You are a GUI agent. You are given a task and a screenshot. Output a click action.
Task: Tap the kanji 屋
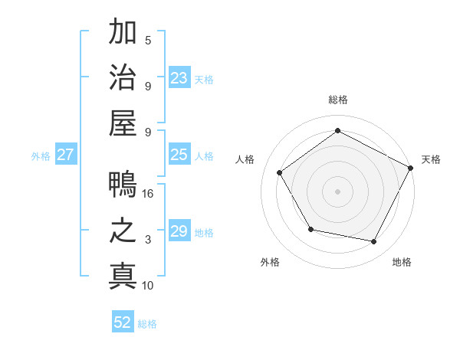pyautogui.click(x=123, y=124)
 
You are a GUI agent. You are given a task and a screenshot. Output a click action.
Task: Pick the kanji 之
pyautogui.click(x=123, y=232)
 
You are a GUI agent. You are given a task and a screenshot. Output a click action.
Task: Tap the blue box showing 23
pyautogui.click(x=179, y=77)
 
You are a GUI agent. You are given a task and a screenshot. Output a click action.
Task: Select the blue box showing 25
pyautogui.click(x=179, y=155)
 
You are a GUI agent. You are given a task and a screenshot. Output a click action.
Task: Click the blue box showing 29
pyautogui.click(x=179, y=231)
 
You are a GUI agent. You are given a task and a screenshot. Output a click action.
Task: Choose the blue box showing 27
pyautogui.click(x=66, y=155)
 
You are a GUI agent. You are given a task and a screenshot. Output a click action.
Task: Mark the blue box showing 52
pyautogui.click(x=123, y=322)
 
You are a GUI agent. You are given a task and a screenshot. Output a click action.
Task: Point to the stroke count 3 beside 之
pyautogui.click(x=148, y=240)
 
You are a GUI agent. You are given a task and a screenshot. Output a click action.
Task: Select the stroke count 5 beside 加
pyautogui.click(x=148, y=40)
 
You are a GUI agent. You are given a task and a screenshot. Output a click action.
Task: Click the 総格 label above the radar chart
pyautogui.click(x=338, y=100)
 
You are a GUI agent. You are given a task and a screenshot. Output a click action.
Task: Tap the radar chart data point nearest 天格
pyautogui.click(x=410, y=168)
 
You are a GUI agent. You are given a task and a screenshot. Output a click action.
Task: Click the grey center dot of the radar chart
pyautogui.click(x=338, y=191)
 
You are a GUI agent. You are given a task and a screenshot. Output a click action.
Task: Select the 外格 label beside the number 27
pyautogui.click(x=41, y=155)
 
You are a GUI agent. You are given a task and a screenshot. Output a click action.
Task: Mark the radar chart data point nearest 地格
pyautogui.click(x=374, y=241)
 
